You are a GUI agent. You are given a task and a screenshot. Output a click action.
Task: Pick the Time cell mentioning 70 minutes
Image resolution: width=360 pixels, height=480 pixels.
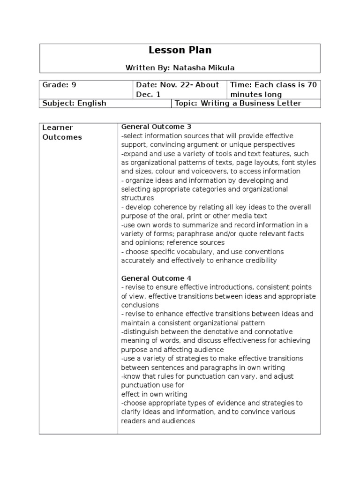click(273, 89)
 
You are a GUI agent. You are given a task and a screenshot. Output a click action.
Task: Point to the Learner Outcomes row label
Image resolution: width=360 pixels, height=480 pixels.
click(62, 132)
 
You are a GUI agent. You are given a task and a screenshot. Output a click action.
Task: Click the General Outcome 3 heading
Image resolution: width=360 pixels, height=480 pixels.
click(156, 127)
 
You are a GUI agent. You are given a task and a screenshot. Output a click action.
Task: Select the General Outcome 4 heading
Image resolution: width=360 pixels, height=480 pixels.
click(156, 278)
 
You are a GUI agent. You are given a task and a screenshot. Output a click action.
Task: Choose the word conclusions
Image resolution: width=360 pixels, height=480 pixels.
click(140, 305)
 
